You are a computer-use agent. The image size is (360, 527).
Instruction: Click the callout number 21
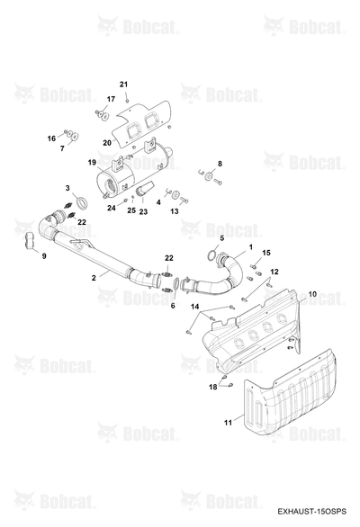click(124, 84)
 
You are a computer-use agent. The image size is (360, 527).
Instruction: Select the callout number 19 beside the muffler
click(92, 163)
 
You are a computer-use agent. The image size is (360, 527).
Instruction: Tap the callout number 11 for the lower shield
click(228, 423)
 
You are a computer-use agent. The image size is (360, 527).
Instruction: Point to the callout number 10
click(312, 294)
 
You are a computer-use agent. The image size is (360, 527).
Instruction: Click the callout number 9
click(44, 256)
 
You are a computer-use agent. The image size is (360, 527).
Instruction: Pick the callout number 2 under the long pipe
click(94, 278)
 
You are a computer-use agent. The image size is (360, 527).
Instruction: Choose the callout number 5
click(221, 238)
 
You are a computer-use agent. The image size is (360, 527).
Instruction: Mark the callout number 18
click(213, 388)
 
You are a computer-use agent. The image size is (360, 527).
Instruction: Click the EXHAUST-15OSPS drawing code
click(311, 511)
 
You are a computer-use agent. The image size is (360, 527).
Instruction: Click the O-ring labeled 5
click(211, 256)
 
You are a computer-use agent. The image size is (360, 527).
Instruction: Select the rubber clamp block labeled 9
click(30, 241)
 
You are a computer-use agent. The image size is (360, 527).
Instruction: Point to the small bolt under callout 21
click(127, 100)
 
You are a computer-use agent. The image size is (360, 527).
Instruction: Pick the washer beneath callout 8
click(210, 176)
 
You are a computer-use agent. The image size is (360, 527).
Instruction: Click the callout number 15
click(266, 253)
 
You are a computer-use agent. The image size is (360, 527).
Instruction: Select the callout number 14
click(194, 307)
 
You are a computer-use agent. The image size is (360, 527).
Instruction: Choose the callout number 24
click(112, 208)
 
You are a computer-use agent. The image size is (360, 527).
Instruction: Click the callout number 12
click(274, 272)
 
